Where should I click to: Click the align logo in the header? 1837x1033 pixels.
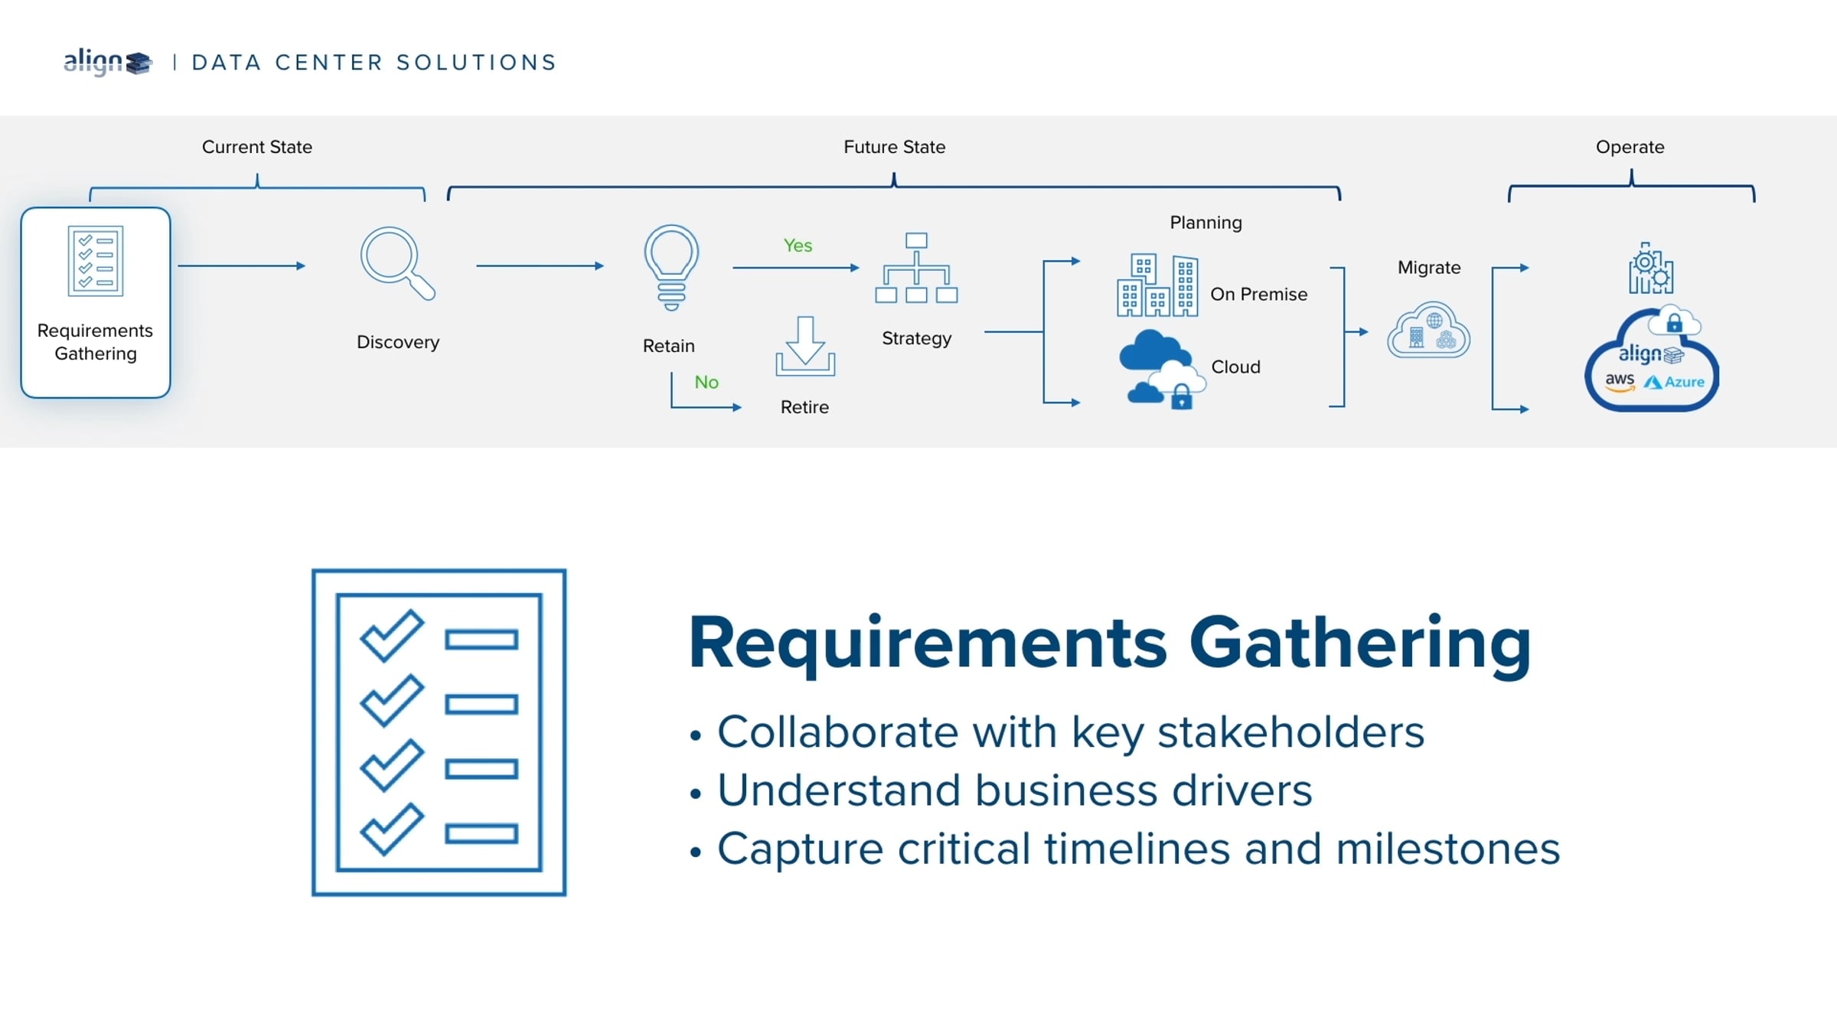(x=108, y=62)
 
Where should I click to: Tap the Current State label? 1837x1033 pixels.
(x=257, y=147)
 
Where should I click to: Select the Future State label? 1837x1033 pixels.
(x=894, y=147)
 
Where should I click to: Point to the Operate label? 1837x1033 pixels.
(x=1630, y=147)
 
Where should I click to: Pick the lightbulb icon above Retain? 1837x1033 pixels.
(x=671, y=267)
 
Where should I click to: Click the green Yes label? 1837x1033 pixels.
(x=798, y=246)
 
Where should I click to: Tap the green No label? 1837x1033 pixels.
(x=706, y=382)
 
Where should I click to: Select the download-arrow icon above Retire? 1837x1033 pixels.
(x=805, y=346)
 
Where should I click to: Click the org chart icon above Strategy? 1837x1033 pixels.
(x=916, y=268)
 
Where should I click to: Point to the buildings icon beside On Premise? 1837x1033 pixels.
(x=1157, y=285)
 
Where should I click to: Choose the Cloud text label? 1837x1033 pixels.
(x=1235, y=367)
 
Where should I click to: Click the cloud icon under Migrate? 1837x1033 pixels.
(x=1428, y=330)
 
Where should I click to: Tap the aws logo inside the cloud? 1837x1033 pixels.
(x=1620, y=382)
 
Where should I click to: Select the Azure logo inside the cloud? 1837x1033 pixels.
(x=1674, y=382)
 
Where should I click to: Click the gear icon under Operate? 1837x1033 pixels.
(x=1651, y=269)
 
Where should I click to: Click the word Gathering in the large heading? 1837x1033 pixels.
(x=1360, y=644)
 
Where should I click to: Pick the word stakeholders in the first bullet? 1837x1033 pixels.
(x=1290, y=732)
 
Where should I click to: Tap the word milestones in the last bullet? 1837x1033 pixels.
(x=1447, y=849)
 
